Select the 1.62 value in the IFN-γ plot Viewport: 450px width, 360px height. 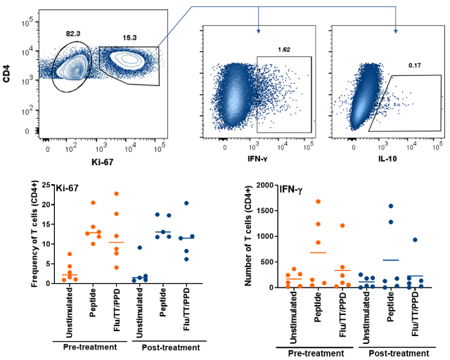coord(285,50)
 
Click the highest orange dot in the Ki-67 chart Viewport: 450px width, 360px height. coord(116,194)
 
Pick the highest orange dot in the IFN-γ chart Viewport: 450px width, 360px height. coord(318,201)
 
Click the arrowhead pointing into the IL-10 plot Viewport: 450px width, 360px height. coord(395,30)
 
